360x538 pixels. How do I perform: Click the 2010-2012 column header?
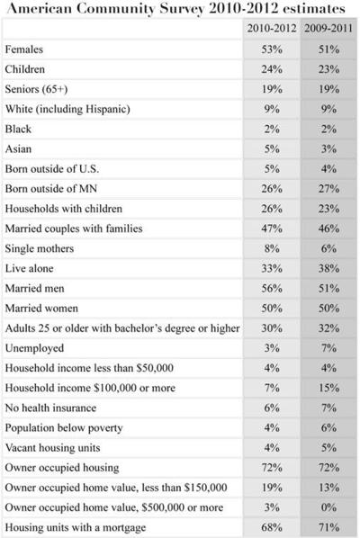click(x=271, y=29)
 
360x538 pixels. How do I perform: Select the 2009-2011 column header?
click(x=328, y=29)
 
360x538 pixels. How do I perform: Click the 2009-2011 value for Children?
click(x=328, y=69)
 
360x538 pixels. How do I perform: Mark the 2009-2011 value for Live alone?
click(x=328, y=267)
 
